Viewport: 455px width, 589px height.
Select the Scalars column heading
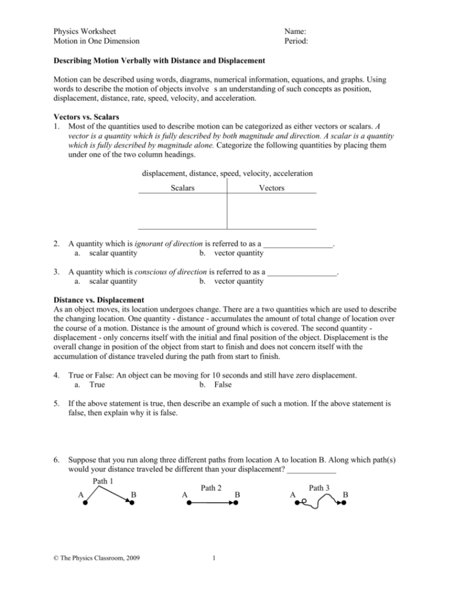click(x=183, y=188)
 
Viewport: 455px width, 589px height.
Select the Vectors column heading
click(x=272, y=188)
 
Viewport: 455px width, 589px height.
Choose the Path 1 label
click(x=104, y=482)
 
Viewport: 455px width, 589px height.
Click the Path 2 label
click(x=211, y=488)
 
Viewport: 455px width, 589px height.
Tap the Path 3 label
click(x=320, y=488)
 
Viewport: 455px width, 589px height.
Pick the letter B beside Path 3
click(x=345, y=495)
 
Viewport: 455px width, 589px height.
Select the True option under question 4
click(x=97, y=384)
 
